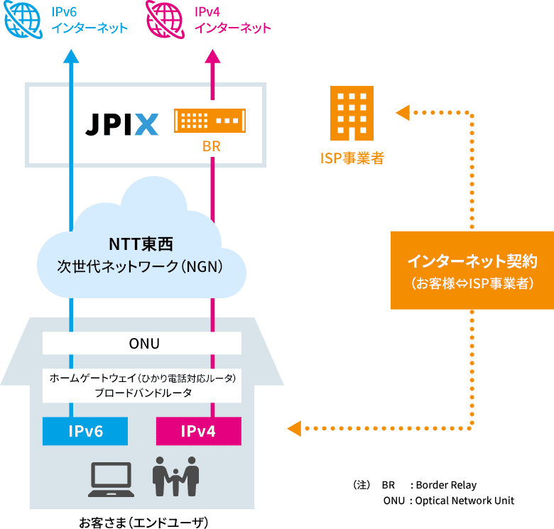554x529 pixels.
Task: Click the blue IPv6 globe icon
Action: pyautogui.click(x=22, y=19)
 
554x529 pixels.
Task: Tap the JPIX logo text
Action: pyautogui.click(x=121, y=124)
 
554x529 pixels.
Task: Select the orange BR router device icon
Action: pyautogui.click(x=210, y=121)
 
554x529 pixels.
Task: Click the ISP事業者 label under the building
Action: pyautogui.click(x=352, y=158)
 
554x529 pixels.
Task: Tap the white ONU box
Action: pyautogui.click(x=142, y=344)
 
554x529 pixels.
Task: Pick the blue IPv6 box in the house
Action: pyautogui.click(x=86, y=431)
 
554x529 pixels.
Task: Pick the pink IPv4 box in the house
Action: pyautogui.click(x=198, y=431)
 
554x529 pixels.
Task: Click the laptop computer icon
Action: pyautogui.click(x=111, y=480)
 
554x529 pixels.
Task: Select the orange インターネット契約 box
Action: pyautogui.click(x=472, y=270)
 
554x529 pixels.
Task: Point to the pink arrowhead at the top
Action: pyautogui.click(x=212, y=56)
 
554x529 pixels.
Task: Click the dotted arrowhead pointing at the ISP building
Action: pyautogui.click(x=402, y=112)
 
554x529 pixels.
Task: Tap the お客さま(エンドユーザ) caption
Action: pyautogui.click(x=143, y=523)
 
